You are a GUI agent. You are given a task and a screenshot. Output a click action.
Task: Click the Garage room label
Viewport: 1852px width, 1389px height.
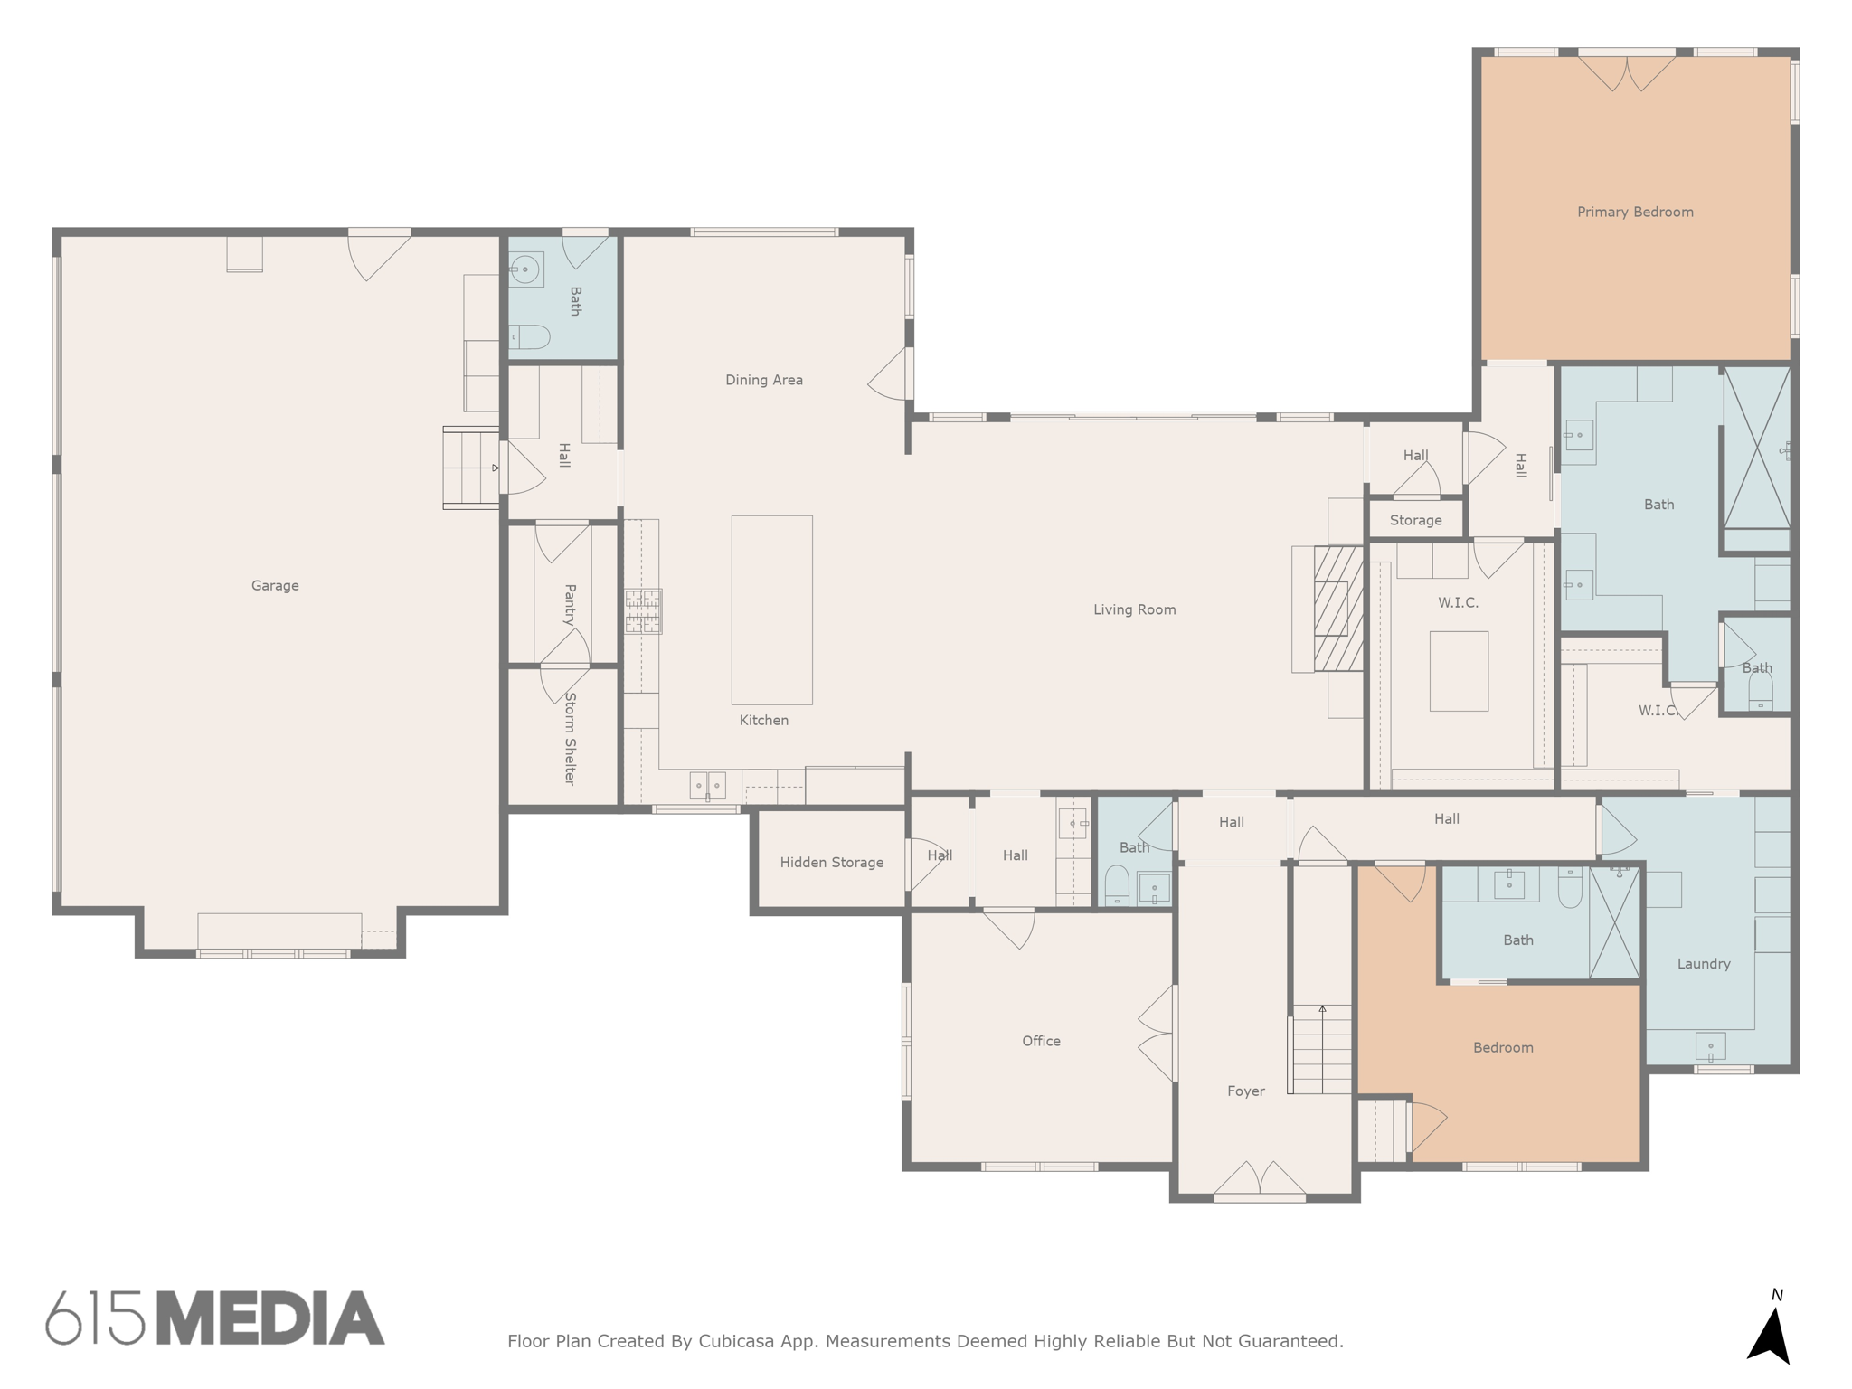coord(275,586)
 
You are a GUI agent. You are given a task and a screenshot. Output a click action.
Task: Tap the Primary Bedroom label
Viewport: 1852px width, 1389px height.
coord(1635,213)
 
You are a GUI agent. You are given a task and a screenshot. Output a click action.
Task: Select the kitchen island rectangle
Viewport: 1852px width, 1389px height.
coord(771,609)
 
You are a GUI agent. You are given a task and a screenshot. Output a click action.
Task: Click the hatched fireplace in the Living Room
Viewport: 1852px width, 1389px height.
coord(1338,608)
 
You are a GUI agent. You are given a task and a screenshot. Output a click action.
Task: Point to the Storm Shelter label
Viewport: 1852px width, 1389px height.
coord(570,738)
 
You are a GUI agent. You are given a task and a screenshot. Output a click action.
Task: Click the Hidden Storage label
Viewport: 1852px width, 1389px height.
coord(831,863)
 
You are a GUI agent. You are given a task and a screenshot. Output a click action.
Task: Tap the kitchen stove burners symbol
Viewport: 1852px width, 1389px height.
coord(643,611)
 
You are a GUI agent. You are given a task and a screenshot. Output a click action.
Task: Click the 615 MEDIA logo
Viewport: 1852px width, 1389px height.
coord(215,1318)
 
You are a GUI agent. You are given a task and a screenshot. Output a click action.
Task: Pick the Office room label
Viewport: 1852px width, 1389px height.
coord(1041,1042)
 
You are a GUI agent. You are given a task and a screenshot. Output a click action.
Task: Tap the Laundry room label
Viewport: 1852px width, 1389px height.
coord(1704,964)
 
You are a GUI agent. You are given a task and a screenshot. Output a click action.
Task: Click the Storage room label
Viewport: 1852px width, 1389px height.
coord(1415,521)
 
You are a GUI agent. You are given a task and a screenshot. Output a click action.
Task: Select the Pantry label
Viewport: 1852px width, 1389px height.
coord(570,605)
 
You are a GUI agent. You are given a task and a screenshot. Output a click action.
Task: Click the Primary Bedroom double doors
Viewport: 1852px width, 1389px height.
coord(1627,72)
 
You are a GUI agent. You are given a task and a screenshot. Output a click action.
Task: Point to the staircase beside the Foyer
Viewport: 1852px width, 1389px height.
coord(1321,1049)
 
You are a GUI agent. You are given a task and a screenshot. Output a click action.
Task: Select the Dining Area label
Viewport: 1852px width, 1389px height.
coord(763,381)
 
